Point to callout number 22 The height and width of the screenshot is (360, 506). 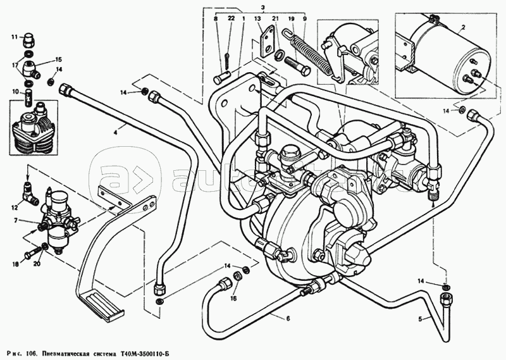pyautogui.click(x=231, y=19)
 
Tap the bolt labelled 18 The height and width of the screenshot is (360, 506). pyautogui.click(x=32, y=256)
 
